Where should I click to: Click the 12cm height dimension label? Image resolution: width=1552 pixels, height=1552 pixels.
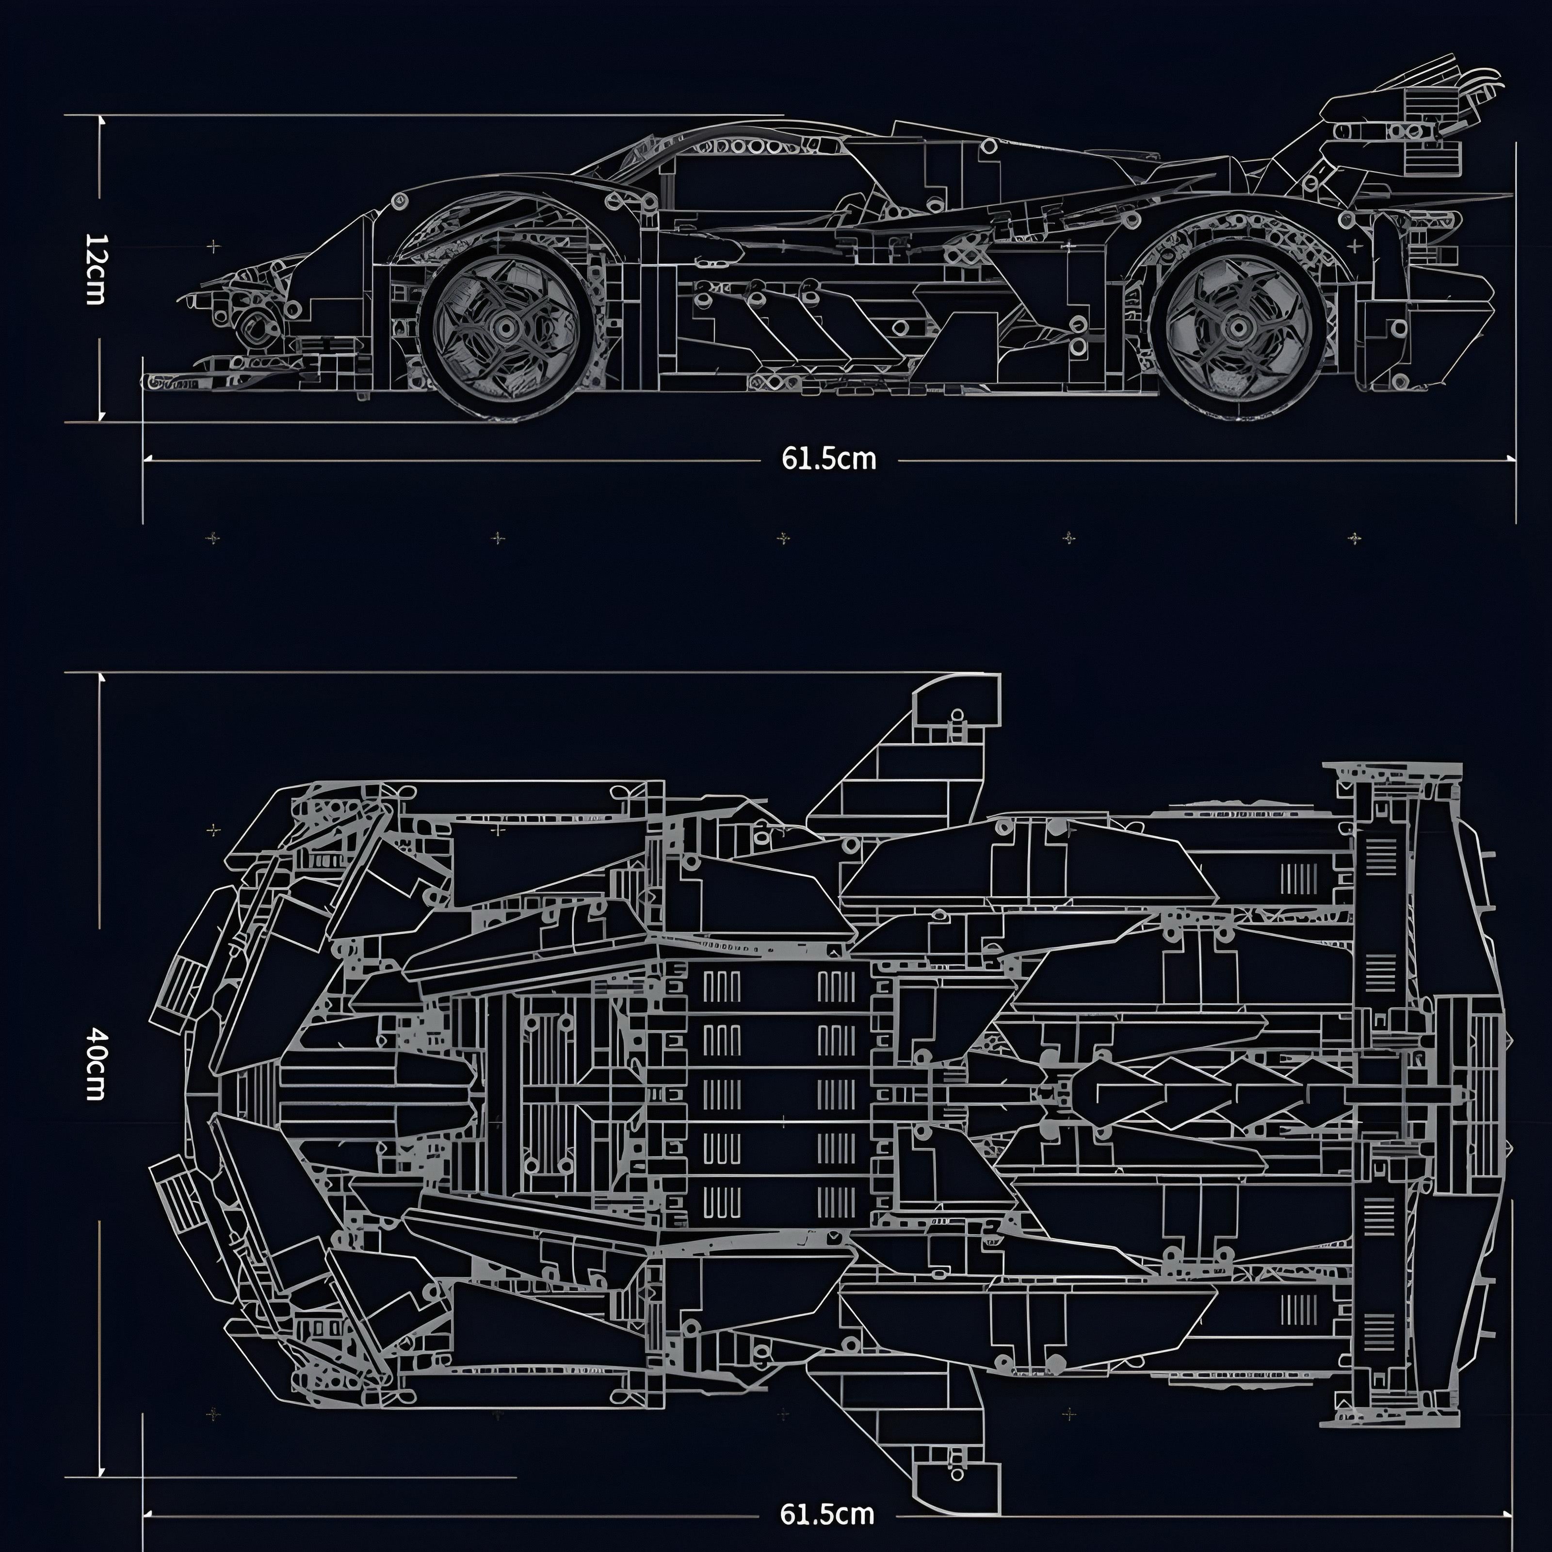coord(95,269)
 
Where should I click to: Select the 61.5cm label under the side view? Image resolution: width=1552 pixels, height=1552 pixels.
coord(828,459)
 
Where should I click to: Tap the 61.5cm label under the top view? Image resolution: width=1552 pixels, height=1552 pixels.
coord(826,1514)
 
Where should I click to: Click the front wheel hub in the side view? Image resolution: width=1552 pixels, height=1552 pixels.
coord(505,326)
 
